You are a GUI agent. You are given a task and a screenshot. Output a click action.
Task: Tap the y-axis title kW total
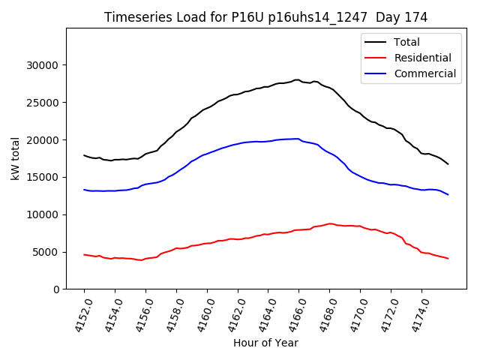[16, 158]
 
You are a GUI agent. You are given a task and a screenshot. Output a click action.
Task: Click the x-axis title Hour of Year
[265, 343]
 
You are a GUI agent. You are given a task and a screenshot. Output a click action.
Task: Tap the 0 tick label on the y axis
[55, 289]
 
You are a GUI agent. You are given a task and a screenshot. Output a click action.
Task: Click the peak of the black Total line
[297, 79]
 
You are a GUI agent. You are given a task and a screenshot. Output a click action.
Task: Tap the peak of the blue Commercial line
[298, 139]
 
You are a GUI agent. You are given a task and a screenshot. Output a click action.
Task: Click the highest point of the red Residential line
[330, 223]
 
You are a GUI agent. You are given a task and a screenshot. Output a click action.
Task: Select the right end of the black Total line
[448, 164]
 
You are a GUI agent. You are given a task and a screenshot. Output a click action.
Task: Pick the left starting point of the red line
[84, 255]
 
